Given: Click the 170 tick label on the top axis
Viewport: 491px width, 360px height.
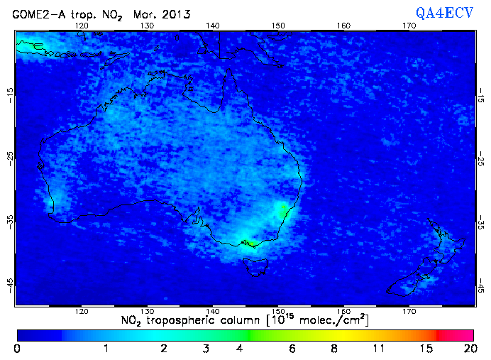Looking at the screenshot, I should pyautogui.click(x=409, y=26).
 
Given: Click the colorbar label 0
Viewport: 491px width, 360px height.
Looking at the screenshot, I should pyautogui.click(x=16, y=349).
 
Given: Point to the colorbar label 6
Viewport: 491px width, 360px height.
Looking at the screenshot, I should pyautogui.click(x=292, y=349).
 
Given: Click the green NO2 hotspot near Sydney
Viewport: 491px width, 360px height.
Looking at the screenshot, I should pyautogui.click(x=284, y=209).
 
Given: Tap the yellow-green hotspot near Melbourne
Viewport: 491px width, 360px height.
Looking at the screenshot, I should pyautogui.click(x=249, y=244).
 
